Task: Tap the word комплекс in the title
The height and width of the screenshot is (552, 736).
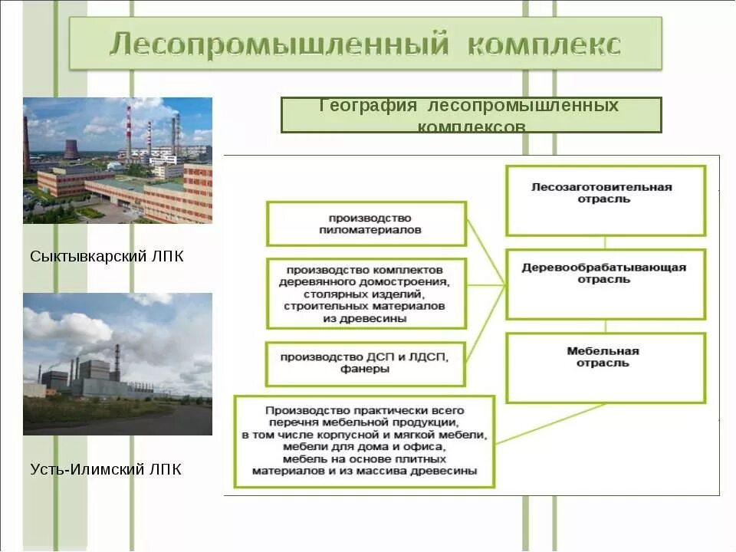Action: tap(544, 44)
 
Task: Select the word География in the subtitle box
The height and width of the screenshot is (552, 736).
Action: tap(367, 106)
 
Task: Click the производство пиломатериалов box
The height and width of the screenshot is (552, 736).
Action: tap(366, 224)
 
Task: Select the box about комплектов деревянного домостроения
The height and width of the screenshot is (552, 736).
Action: tap(366, 294)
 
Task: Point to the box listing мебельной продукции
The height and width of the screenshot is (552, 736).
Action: tap(364, 441)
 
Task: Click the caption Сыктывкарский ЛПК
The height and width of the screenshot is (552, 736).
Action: tap(107, 256)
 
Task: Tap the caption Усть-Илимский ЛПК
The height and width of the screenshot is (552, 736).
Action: tap(106, 469)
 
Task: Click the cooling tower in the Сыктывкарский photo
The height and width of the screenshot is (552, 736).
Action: tap(71, 149)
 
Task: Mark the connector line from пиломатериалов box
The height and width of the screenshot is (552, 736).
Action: tap(485, 254)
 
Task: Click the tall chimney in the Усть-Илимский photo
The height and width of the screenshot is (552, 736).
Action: tap(117, 362)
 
